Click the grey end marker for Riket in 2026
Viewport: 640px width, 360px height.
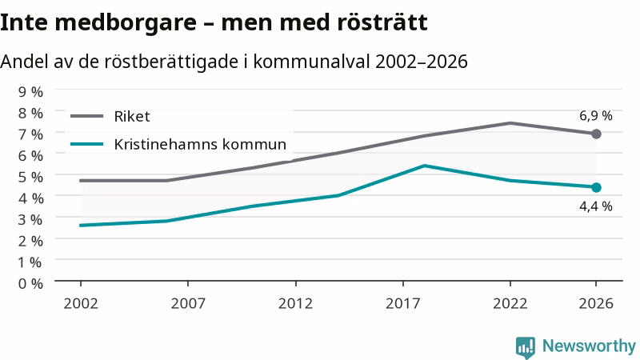click(596, 134)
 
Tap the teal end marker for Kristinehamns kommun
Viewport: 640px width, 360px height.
click(596, 187)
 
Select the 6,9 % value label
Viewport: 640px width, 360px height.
click(595, 116)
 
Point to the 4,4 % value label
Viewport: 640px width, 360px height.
click(595, 206)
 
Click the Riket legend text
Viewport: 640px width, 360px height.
click(132, 117)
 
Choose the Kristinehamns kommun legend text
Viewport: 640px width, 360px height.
click(200, 144)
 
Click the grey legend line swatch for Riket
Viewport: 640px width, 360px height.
click(87, 116)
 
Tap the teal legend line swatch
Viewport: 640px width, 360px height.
click(87, 144)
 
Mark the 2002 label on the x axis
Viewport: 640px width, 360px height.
click(81, 304)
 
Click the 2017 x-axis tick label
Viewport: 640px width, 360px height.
click(403, 304)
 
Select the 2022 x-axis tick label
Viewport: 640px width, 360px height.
click(510, 304)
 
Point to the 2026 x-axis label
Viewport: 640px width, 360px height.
click(596, 304)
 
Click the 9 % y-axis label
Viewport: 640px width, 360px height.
click(30, 92)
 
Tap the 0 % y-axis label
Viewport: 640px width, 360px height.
click(30, 283)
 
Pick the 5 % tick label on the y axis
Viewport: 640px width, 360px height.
click(30, 177)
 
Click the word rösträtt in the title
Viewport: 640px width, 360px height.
click(382, 22)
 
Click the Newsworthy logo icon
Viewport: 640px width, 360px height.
click(526, 347)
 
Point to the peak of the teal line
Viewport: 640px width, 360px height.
click(425, 166)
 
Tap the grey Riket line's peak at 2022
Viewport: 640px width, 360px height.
click(510, 123)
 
